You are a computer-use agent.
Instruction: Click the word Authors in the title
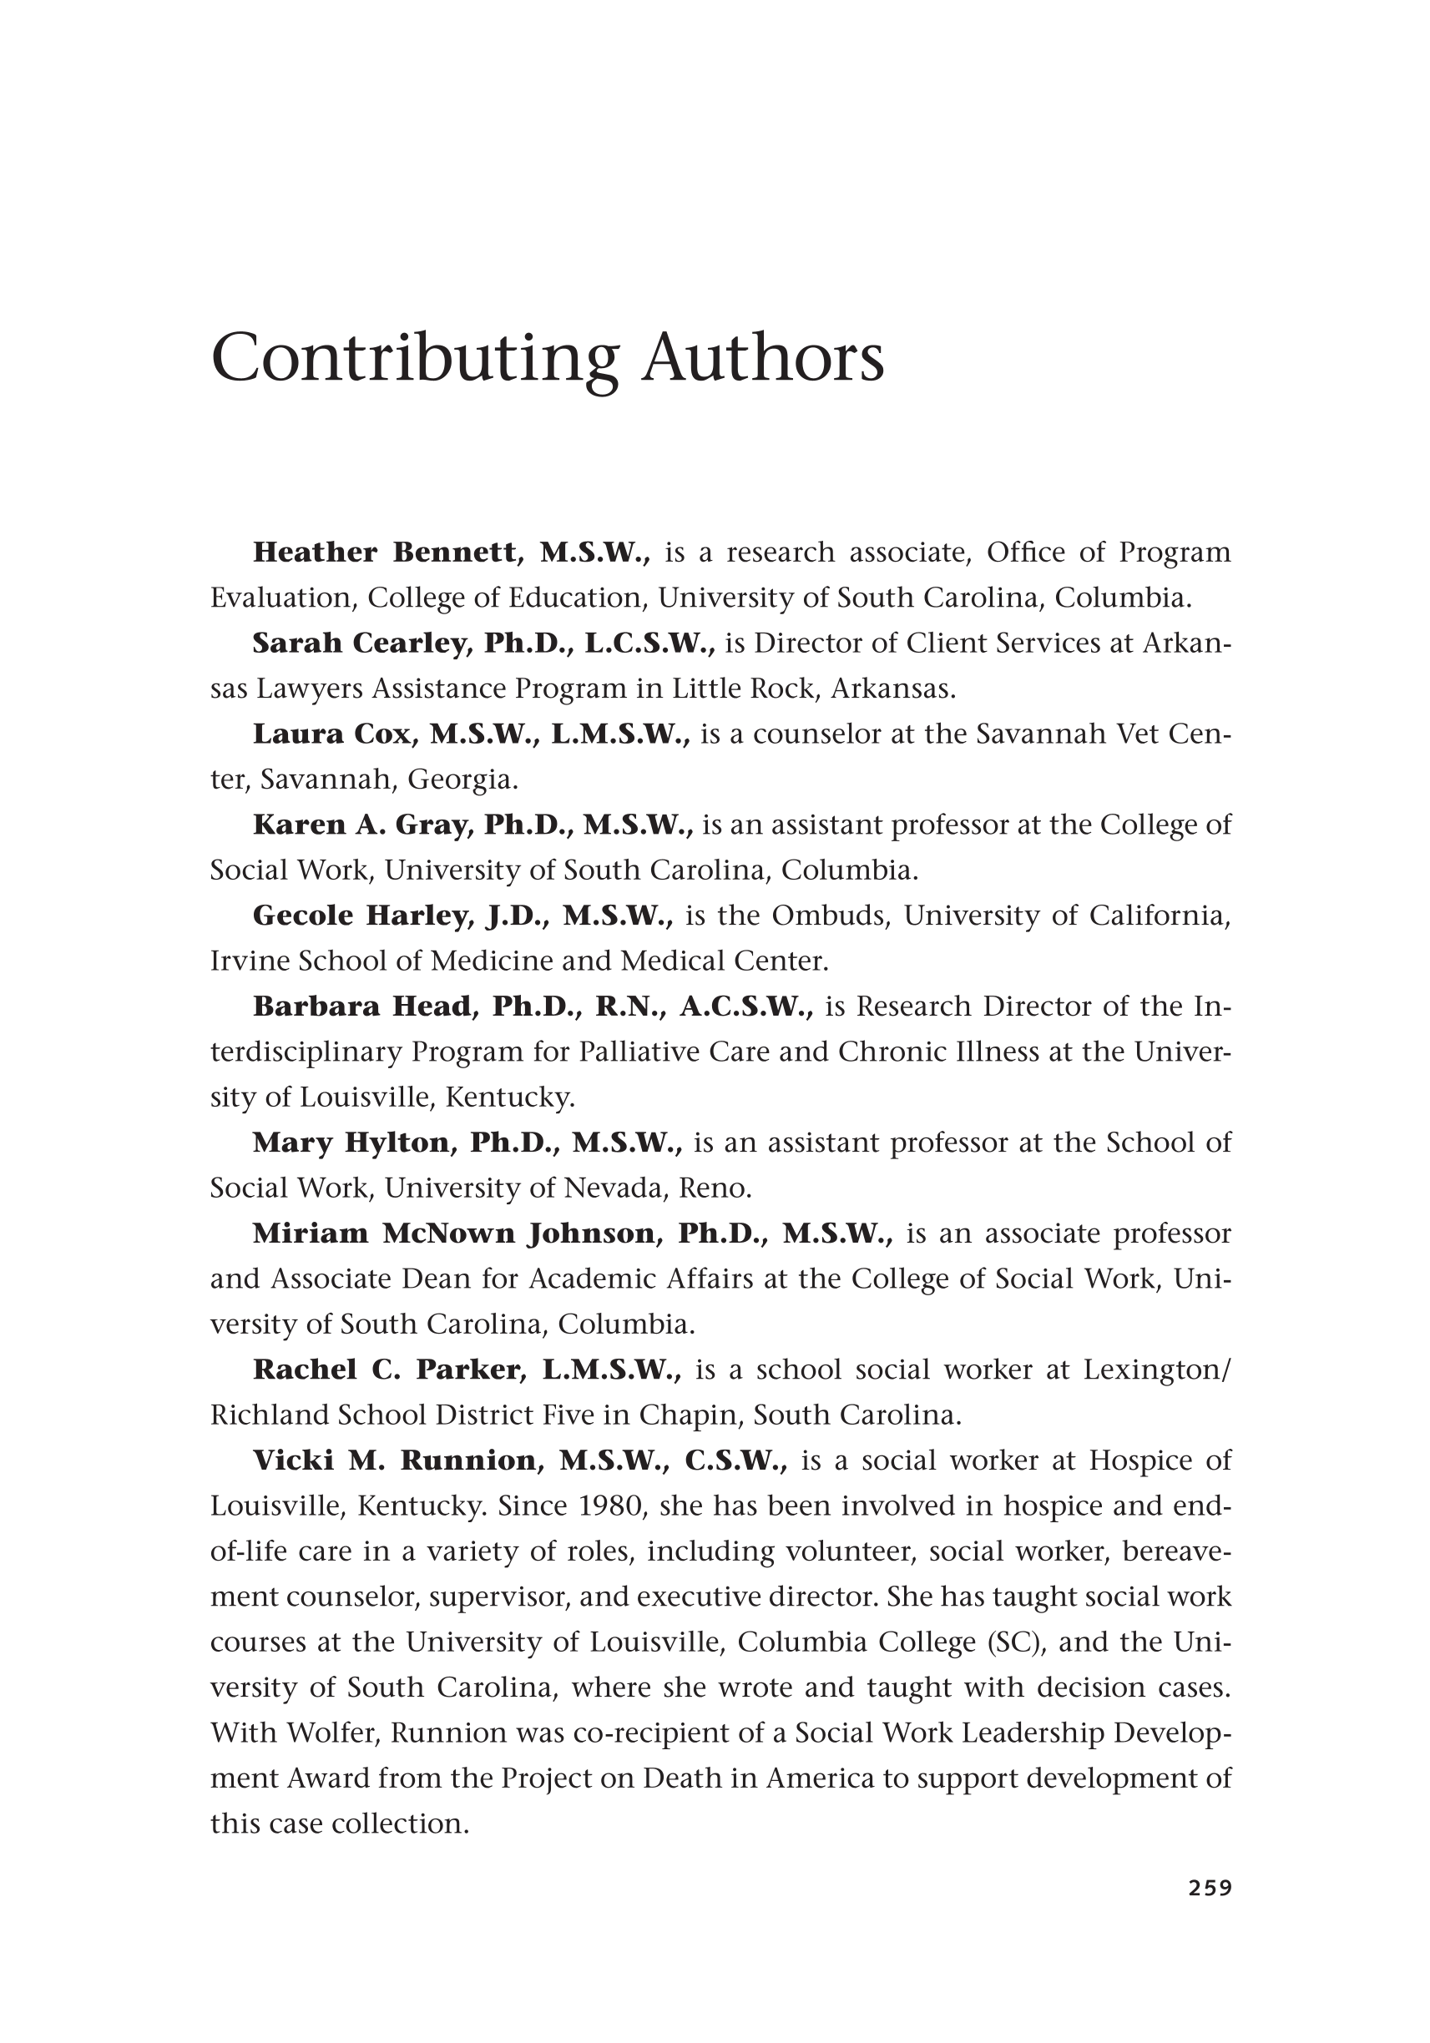tap(763, 359)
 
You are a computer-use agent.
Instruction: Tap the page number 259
tap(1210, 1912)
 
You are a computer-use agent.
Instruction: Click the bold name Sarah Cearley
tap(360, 643)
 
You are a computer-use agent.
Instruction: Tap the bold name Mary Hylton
tap(351, 1143)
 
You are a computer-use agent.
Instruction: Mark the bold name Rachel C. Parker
tap(387, 1370)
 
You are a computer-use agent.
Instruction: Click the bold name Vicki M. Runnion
tap(394, 1460)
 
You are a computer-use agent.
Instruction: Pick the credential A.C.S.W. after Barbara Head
tap(745, 1006)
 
